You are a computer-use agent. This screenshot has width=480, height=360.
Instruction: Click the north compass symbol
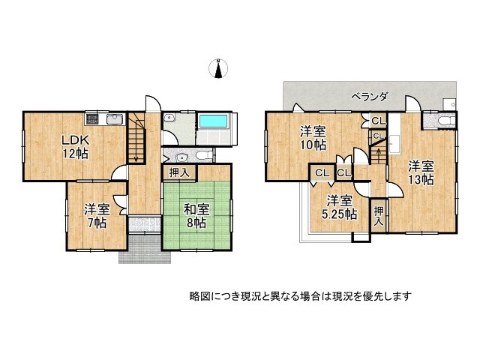tap(217, 69)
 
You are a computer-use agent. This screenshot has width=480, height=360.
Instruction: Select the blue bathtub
tap(216, 123)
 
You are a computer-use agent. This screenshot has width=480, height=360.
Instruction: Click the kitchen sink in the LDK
tap(115, 118)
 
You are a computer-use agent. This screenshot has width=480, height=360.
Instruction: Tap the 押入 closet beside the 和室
tap(178, 172)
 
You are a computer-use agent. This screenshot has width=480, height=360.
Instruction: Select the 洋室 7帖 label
tap(96, 216)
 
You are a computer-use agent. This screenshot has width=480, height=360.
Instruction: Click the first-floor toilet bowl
tap(203, 155)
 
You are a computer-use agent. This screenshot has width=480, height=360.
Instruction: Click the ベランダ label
tap(369, 96)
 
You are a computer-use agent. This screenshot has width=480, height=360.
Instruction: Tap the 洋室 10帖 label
tap(314, 136)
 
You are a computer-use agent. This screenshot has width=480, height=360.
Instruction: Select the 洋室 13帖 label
tap(421, 172)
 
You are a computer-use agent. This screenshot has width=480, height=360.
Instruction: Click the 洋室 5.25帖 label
tap(340, 207)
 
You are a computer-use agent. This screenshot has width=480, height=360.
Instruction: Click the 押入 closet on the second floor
tap(379, 217)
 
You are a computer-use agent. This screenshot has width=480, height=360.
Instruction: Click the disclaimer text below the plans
tap(300, 295)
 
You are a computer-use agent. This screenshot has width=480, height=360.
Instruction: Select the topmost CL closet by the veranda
tap(376, 121)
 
